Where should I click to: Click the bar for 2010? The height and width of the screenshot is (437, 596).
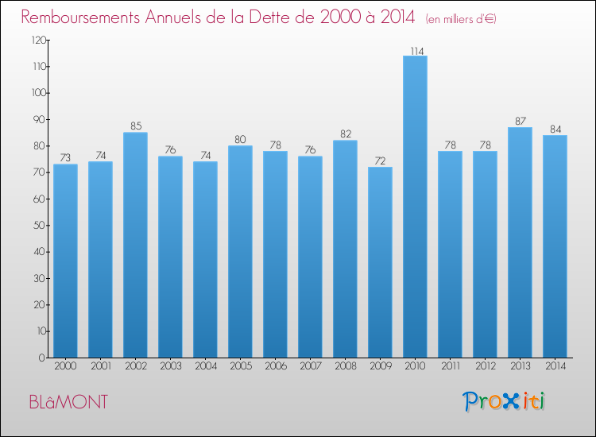coord(416,207)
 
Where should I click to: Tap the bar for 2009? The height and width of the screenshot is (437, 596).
coord(380,262)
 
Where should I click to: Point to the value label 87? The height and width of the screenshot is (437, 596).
coord(520,122)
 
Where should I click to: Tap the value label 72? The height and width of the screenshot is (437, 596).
coord(380,161)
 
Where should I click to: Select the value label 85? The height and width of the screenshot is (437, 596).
coord(135,126)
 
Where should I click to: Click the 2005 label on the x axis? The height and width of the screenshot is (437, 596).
coord(240,366)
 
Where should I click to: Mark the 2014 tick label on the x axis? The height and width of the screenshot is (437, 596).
coord(555,366)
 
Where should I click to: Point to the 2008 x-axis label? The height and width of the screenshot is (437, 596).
coord(345,366)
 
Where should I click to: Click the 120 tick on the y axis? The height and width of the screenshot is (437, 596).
coord(37,40)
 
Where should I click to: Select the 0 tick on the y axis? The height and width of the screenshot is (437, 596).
coord(41,358)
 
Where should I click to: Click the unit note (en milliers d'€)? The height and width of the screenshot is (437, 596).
coord(461,18)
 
